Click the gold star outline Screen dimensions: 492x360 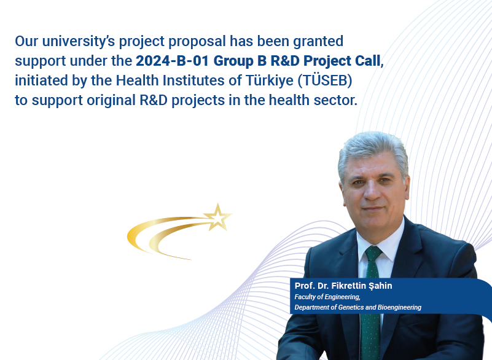218,217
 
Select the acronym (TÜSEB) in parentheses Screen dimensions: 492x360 325,80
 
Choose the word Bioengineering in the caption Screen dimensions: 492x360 399,307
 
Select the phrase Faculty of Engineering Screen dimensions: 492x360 327,297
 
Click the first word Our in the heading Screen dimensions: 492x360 26,41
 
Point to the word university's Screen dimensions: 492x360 79,41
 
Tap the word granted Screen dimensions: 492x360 318,41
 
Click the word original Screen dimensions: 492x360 111,100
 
